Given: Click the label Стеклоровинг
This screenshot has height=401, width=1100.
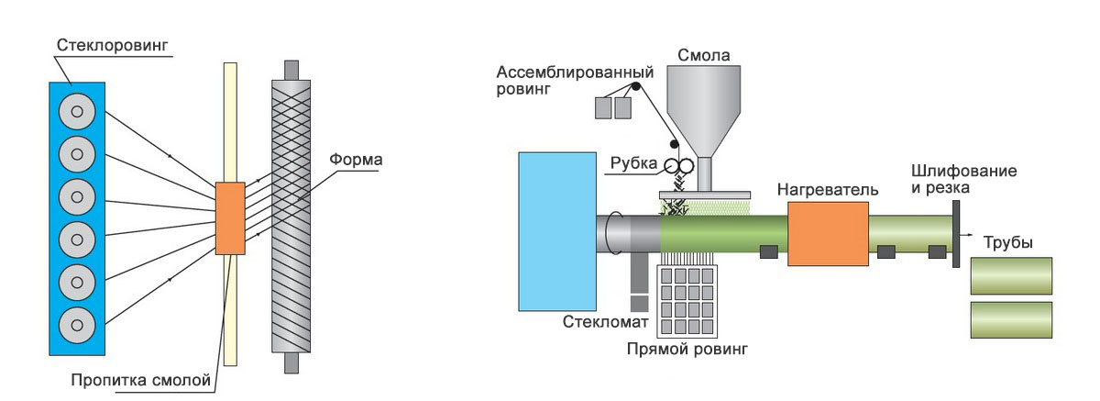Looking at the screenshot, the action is pos(113,45).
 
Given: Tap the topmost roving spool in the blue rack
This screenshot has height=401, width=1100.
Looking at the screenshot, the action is pos(77,112).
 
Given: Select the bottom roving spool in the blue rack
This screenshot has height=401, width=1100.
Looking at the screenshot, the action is pos(77,326).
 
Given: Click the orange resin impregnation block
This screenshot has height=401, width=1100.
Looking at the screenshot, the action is pos(230,218).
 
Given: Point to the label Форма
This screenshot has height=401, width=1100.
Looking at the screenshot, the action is pos(356,160).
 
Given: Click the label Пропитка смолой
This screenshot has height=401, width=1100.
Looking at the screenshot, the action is pos(141,381).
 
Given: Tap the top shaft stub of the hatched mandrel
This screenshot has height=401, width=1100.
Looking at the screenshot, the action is pos(291,71).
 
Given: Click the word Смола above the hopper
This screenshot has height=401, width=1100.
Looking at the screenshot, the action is pos(704,55).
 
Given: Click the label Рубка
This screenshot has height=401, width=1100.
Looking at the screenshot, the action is pos(633,163).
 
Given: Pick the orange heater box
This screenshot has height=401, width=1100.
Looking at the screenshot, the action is pos(828,234).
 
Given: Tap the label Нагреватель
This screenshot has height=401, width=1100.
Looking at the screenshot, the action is pos(828,190).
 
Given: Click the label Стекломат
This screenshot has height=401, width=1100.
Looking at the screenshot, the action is pos(606,322).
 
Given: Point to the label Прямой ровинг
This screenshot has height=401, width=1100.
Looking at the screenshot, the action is pos(687,350).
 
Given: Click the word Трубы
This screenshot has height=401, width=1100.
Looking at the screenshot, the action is pos(1008,243).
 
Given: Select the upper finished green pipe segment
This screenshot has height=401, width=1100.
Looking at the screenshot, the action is pos(1011,276).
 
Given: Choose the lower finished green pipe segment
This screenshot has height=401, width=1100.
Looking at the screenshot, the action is pos(1011,320).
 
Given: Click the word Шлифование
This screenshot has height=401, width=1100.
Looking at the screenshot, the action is pos(964,171).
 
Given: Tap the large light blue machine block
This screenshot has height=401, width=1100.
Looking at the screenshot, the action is pos(557,231).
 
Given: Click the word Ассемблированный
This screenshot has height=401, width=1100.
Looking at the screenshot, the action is pos(575,72).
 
